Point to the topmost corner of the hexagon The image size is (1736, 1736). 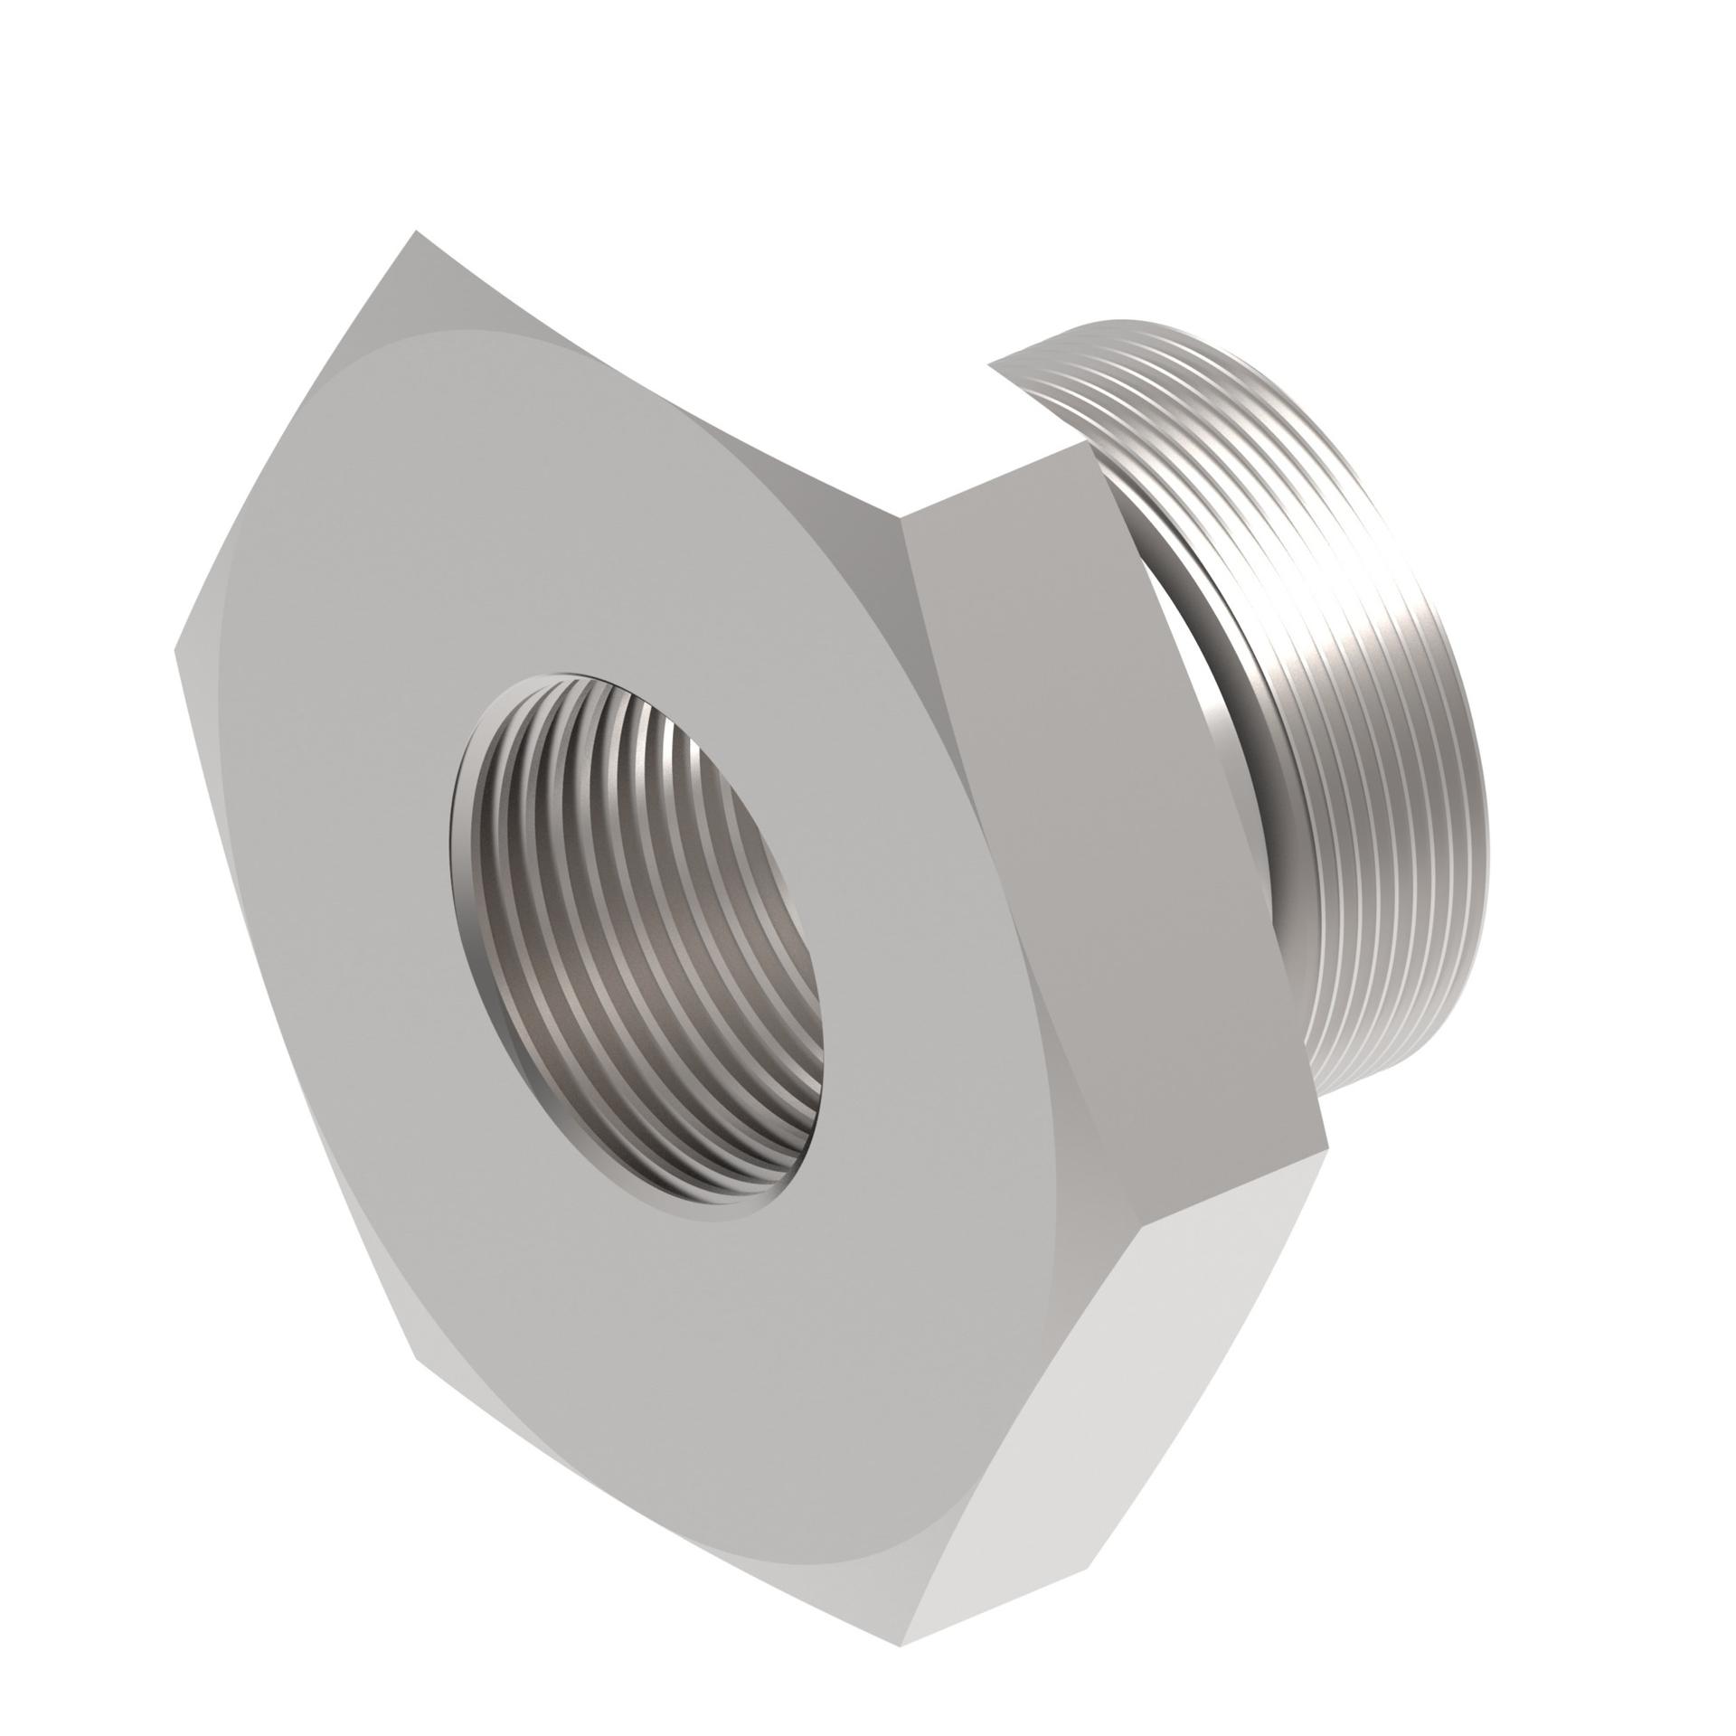[x=416, y=231]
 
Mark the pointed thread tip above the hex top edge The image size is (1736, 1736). [x=990, y=364]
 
